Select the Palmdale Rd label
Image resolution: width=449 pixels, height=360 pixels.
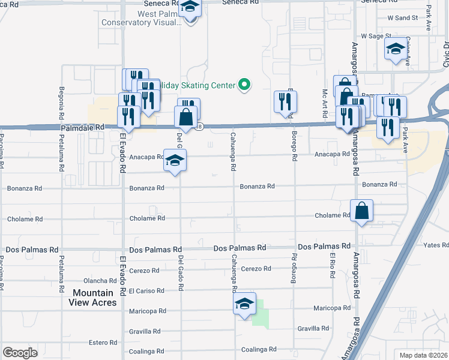pyautogui.click(x=82, y=128)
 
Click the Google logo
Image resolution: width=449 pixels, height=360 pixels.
pyautogui.click(x=20, y=353)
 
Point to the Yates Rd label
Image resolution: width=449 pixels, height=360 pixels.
pyautogui.click(x=436, y=245)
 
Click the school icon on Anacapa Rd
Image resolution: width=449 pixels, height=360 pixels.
pyautogui.click(x=175, y=161)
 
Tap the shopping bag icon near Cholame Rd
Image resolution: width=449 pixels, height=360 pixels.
pyautogui.click(x=361, y=211)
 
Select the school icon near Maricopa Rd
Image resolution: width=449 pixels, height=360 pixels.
pyautogui.click(x=244, y=304)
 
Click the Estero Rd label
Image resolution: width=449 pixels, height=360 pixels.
pyautogui.click(x=103, y=343)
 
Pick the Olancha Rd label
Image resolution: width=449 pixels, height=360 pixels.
pyautogui.click(x=100, y=280)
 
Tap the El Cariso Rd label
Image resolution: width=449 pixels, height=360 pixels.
pyautogui.click(x=146, y=291)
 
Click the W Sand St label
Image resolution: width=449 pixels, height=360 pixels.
pyautogui.click(x=402, y=18)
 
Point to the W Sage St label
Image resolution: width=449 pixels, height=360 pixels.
pyautogui.click(x=376, y=37)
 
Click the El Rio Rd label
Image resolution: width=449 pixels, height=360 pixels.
pyautogui.click(x=331, y=265)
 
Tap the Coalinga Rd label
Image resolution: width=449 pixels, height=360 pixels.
pyautogui.click(x=259, y=349)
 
